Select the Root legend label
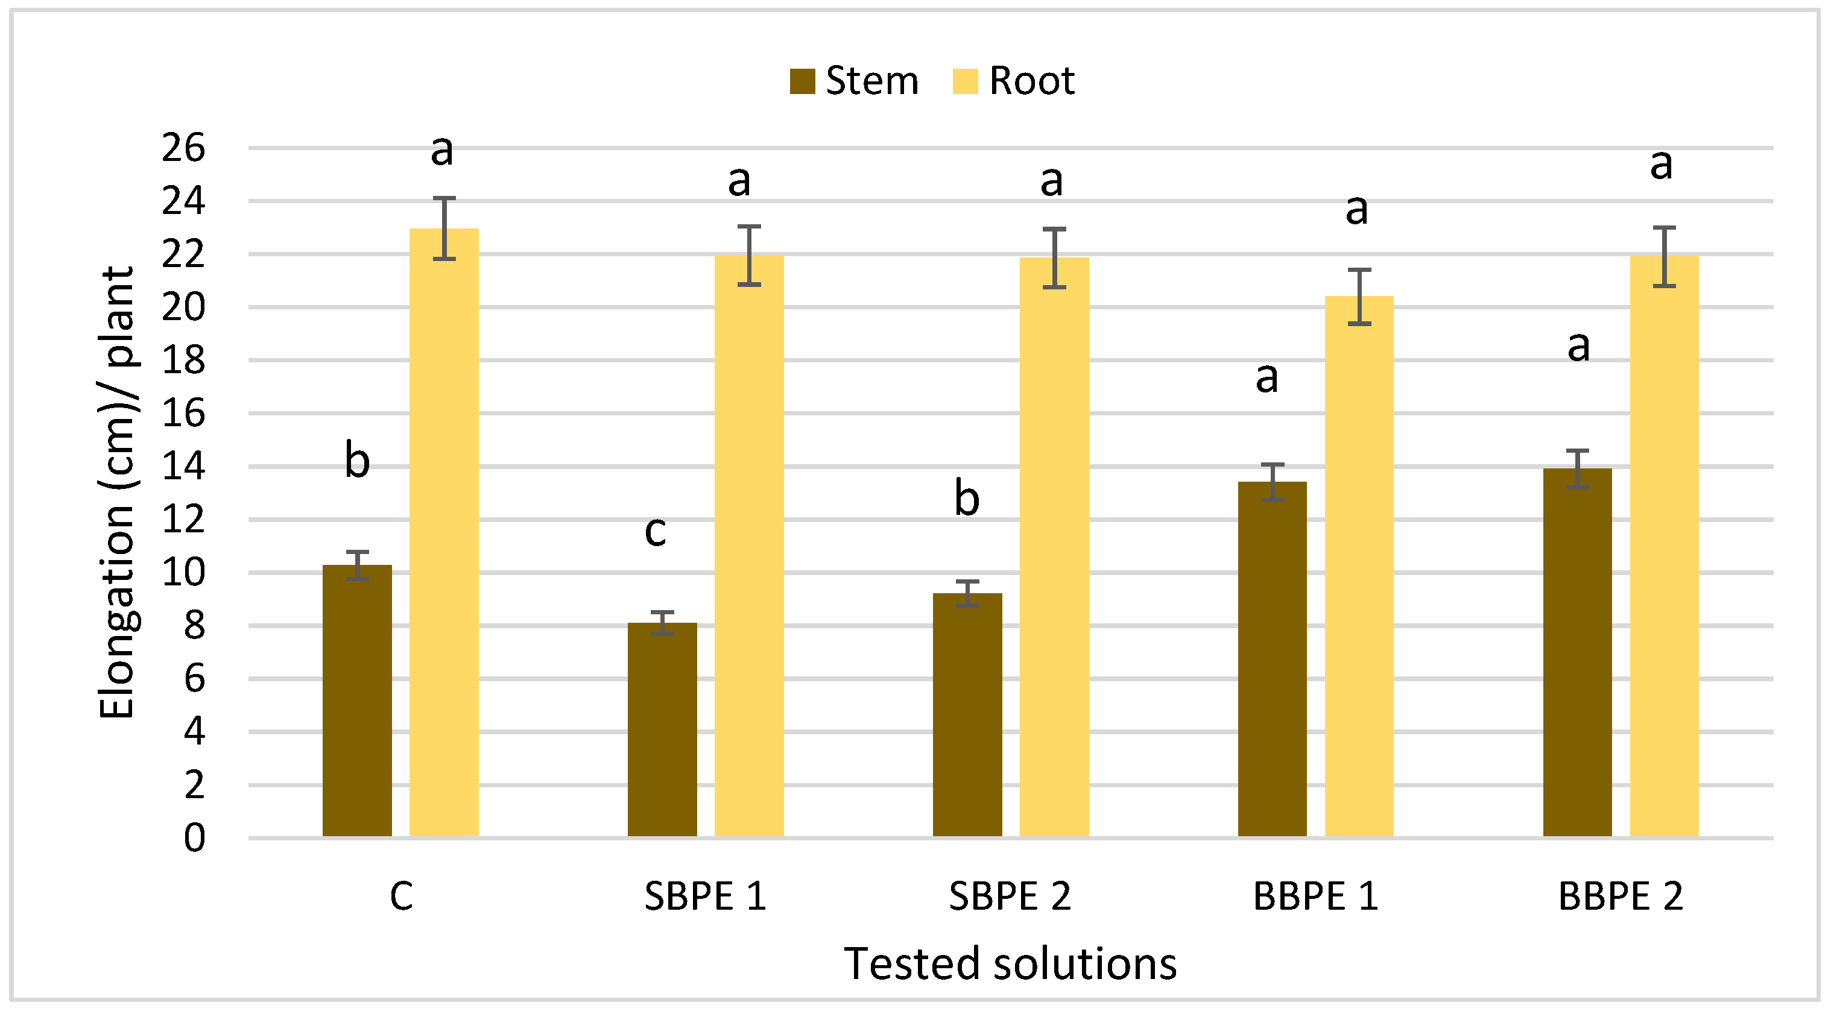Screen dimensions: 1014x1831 (1031, 81)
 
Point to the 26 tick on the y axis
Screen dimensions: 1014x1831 (183, 148)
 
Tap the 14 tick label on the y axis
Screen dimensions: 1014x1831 (183, 467)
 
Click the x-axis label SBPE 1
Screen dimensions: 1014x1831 (704, 896)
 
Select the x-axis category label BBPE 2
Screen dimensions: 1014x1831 (1620, 896)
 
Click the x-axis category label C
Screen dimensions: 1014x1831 (401, 896)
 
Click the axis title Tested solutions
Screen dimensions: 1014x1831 (1010, 964)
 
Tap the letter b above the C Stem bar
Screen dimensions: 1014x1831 (357, 460)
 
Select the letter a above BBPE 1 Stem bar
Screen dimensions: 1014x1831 (1266, 377)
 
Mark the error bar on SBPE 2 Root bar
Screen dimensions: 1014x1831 (1054, 258)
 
